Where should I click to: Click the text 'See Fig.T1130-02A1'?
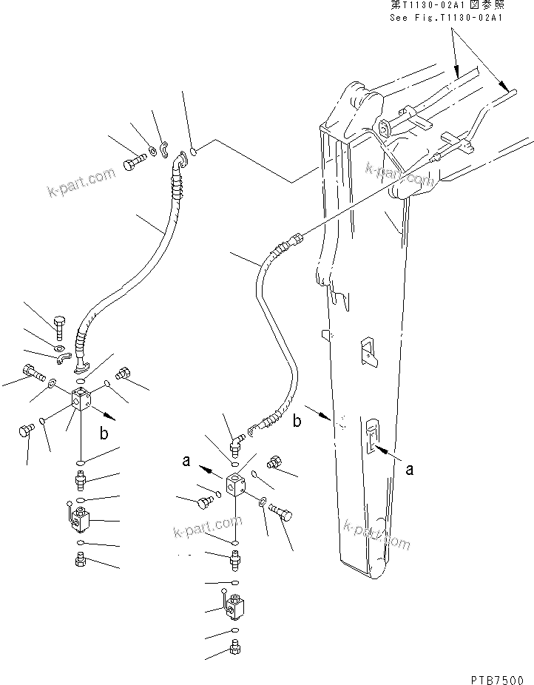[445, 17]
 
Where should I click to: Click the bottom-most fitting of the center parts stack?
[234, 650]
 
